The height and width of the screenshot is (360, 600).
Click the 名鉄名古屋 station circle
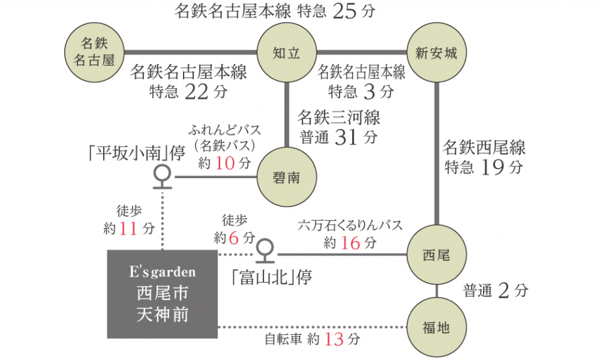tap(97, 52)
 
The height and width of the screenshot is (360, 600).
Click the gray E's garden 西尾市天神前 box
tap(162, 294)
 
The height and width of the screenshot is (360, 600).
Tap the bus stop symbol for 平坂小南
tap(163, 176)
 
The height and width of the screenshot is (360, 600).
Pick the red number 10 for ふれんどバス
tap(225, 164)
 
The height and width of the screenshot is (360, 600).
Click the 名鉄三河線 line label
tap(338, 118)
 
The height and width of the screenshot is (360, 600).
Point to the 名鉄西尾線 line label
tap(484, 149)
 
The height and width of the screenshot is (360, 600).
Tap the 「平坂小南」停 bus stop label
tap(136, 154)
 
